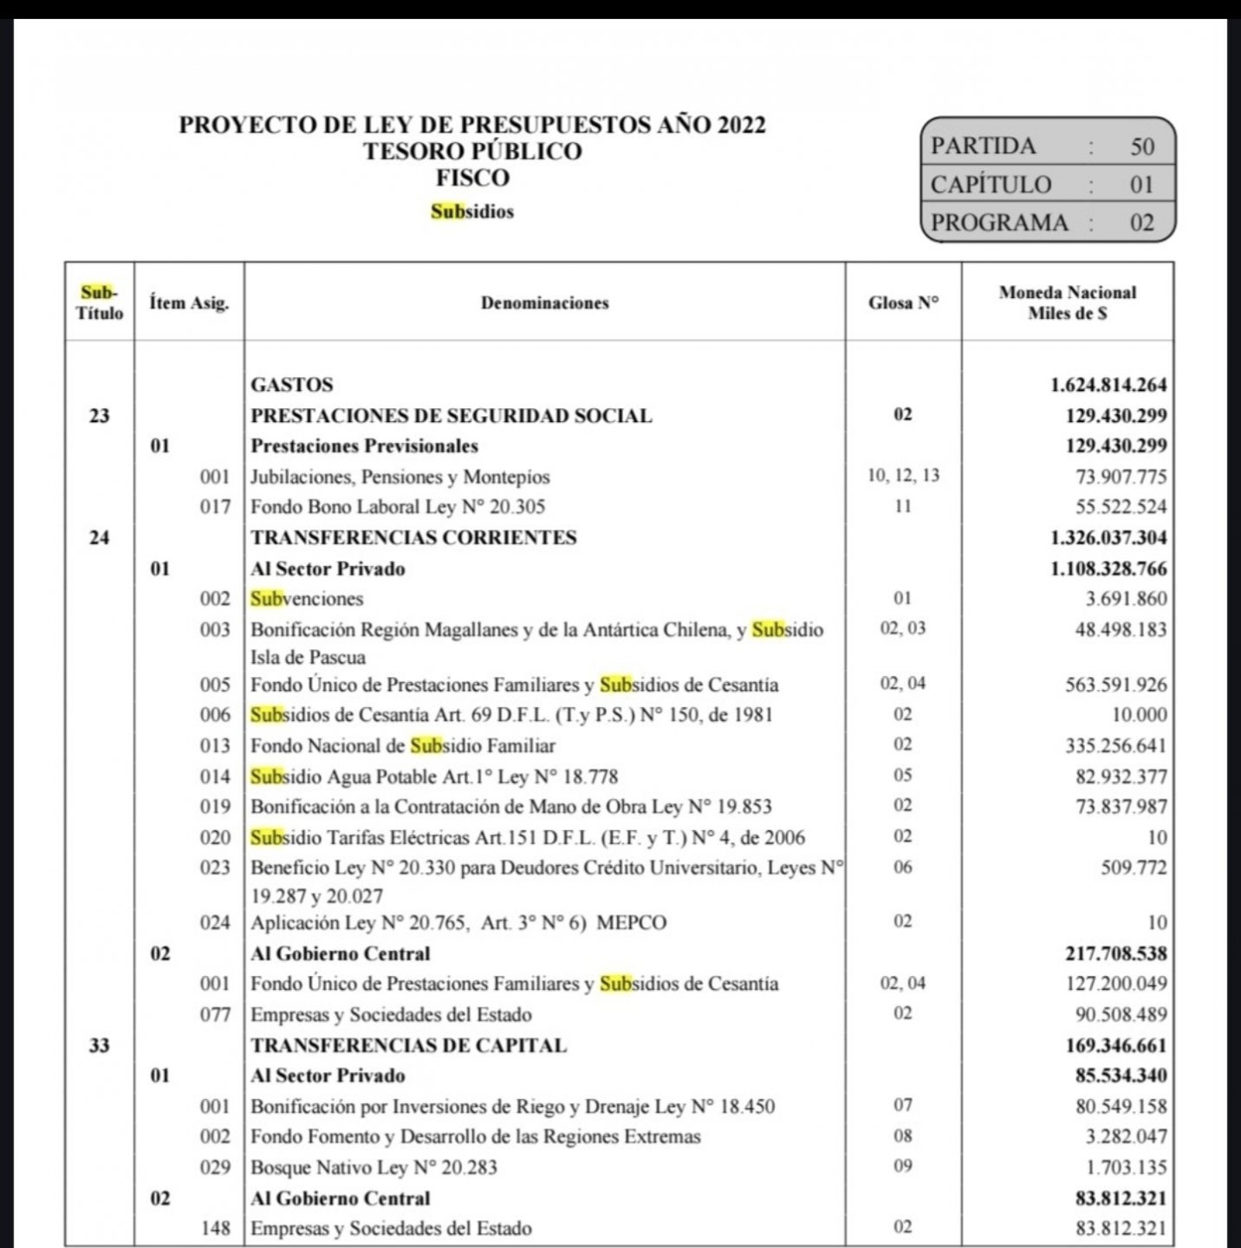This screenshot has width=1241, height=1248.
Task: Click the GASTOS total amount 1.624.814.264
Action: click(1108, 385)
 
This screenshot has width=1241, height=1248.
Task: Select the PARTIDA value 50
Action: click(1142, 146)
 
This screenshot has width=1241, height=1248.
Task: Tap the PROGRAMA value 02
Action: click(1142, 223)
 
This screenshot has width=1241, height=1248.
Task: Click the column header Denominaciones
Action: click(544, 302)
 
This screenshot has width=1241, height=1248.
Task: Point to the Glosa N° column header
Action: click(903, 302)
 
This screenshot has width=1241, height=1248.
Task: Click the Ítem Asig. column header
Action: click(189, 302)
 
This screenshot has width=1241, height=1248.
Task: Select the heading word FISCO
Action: click(472, 179)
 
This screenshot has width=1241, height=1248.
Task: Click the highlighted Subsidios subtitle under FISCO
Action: click(472, 211)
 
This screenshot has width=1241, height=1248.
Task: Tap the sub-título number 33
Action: click(100, 1045)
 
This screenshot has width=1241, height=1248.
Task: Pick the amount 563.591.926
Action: click(1116, 685)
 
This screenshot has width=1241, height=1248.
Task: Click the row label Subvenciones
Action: click(307, 599)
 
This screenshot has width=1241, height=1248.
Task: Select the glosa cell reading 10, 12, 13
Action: click(903, 476)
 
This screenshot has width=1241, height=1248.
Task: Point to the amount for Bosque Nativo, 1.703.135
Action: click(1121, 1167)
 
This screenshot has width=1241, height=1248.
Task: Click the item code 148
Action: click(216, 1228)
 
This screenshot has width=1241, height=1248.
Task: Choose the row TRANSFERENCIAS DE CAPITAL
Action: click(408, 1045)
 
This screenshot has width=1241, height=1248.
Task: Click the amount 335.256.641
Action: click(1116, 745)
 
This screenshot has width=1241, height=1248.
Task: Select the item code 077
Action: click(216, 1015)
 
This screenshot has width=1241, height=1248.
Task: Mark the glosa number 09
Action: click(903, 1166)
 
